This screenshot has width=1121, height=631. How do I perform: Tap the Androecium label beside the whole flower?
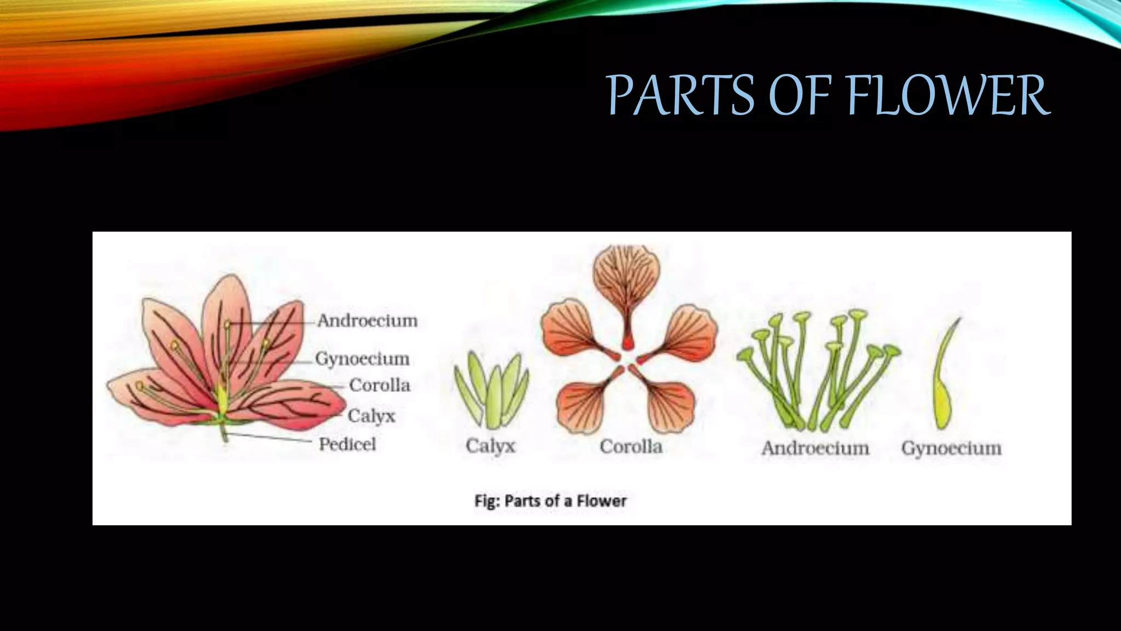[367, 320]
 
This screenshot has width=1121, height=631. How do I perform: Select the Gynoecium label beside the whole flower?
[362, 359]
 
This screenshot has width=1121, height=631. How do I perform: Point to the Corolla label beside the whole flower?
[379, 385]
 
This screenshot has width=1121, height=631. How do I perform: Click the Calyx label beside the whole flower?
[371, 416]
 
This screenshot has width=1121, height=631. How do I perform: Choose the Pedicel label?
[347, 444]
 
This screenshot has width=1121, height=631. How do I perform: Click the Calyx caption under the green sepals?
[490, 446]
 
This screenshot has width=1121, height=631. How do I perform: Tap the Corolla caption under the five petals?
[631, 446]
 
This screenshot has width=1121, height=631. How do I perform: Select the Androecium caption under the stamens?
[815, 448]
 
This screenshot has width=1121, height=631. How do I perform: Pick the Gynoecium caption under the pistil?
[951, 448]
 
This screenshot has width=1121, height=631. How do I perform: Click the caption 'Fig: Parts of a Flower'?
[550, 501]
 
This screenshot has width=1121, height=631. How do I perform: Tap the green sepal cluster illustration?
[492, 389]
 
